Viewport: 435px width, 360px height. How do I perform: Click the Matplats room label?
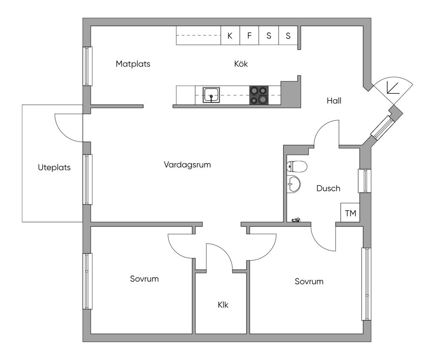point(133,64)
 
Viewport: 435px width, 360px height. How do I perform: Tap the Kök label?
point(241,64)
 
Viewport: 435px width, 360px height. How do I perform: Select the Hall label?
point(334,101)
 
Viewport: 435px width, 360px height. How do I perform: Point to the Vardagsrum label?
point(187,165)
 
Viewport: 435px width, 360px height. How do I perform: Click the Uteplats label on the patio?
point(54,167)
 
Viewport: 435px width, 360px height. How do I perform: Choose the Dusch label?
point(328,188)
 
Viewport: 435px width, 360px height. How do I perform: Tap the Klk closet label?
point(223,305)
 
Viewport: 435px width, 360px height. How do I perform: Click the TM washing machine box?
point(350,213)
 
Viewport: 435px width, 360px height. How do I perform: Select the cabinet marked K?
point(230,36)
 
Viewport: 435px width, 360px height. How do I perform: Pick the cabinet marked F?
point(249,36)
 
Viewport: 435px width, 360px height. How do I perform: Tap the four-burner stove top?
point(259,95)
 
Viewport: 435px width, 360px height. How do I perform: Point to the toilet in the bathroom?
point(296,166)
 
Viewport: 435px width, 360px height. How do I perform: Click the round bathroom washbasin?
point(293,184)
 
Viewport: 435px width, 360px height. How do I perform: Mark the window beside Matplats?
point(88,66)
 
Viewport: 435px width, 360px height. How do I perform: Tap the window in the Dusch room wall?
point(365,180)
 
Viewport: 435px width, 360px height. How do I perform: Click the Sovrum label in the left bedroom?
point(144,279)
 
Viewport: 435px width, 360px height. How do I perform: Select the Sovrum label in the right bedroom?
point(309,281)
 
